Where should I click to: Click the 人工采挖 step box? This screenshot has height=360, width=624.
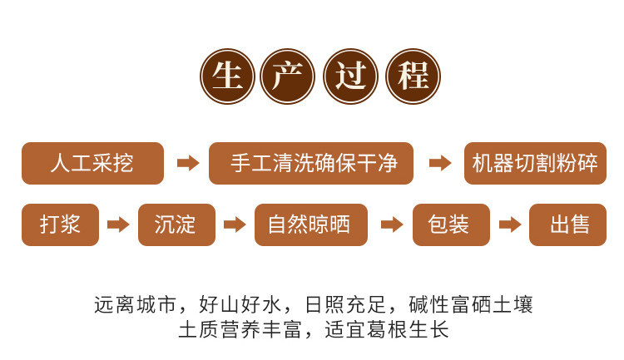[92, 163]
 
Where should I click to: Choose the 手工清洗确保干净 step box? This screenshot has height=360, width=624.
[311, 163]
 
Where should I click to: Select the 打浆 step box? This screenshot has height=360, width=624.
[60, 224]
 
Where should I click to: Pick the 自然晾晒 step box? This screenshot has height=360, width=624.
[310, 224]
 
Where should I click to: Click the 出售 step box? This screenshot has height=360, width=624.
[568, 224]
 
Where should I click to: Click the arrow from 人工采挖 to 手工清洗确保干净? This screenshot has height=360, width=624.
[188, 163]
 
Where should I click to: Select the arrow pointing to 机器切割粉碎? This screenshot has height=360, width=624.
[439, 163]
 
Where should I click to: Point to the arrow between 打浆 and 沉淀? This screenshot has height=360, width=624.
[119, 224]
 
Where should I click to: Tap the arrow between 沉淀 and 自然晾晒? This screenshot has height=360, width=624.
[235, 224]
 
